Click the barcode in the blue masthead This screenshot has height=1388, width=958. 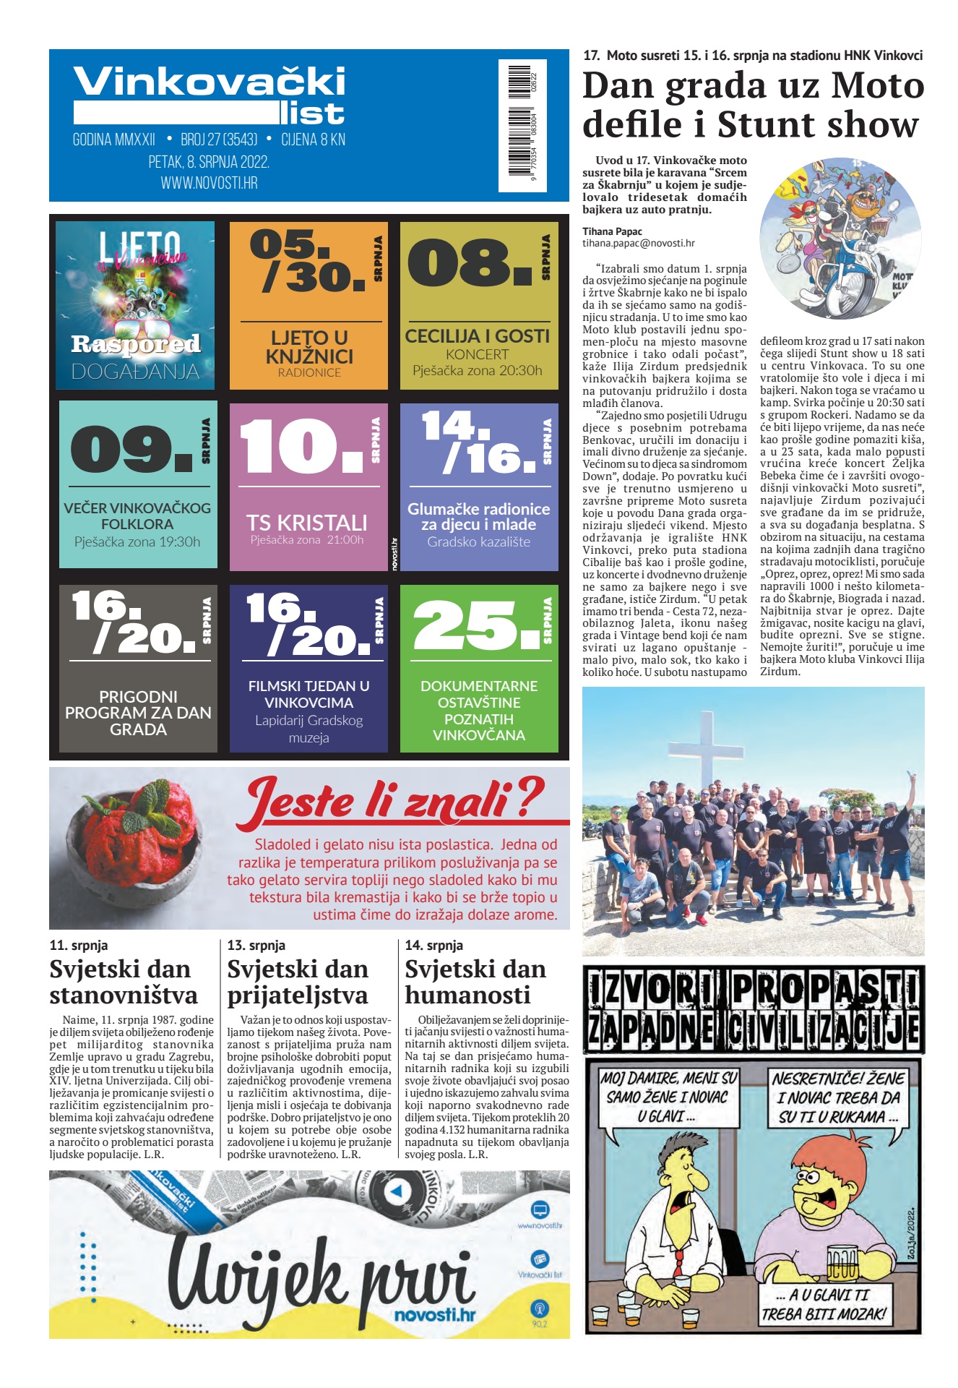tap(522, 125)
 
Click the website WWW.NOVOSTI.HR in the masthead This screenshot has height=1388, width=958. tap(209, 183)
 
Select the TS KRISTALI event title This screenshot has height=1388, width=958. tap(307, 522)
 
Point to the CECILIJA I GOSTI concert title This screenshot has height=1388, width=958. tap(478, 336)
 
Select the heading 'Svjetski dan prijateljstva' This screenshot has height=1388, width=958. tap(298, 982)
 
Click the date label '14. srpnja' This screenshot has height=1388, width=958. tap(434, 945)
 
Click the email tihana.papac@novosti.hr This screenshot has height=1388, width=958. tap(639, 244)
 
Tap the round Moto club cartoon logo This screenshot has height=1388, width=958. tap(840, 239)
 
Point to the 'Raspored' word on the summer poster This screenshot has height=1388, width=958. tap(136, 344)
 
